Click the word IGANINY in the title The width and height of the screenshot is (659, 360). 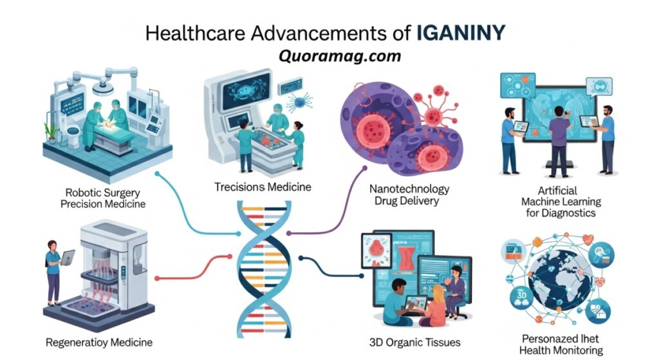(461, 33)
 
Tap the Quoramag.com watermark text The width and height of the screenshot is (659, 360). (340, 56)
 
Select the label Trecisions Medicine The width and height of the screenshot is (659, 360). (263, 187)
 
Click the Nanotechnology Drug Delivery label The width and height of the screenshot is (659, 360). (409, 194)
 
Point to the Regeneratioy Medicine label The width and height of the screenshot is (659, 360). (98, 343)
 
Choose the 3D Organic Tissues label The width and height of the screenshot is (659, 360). (415, 343)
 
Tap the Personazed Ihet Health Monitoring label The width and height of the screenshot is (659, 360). (561, 345)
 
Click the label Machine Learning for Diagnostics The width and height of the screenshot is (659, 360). (561, 207)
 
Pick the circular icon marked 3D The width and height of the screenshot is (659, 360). (521, 296)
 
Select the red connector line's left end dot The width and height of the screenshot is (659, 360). (157, 278)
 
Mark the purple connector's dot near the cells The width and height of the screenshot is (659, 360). (365, 168)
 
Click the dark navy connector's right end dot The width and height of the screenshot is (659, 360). (362, 276)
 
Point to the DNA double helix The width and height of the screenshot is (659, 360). (264, 269)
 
